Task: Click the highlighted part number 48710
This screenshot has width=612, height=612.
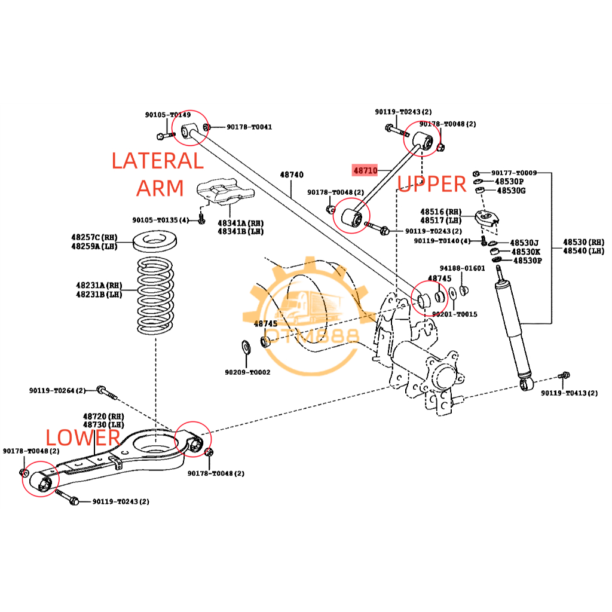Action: pyautogui.click(x=365, y=170)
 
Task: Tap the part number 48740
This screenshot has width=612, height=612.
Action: pyautogui.click(x=292, y=175)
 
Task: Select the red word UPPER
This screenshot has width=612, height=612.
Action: pyautogui.click(x=432, y=184)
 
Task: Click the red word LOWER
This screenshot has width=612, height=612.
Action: pyautogui.click(x=84, y=437)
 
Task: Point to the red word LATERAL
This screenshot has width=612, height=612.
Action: pyautogui.click(x=158, y=161)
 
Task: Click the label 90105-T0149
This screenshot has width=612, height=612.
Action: pyautogui.click(x=167, y=115)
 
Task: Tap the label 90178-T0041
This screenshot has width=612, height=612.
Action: pyautogui.click(x=249, y=127)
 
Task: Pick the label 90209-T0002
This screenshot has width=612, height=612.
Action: pyautogui.click(x=247, y=372)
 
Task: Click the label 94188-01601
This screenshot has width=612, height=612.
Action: pyautogui.click(x=463, y=268)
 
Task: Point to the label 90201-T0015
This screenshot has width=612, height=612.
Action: pyautogui.click(x=454, y=314)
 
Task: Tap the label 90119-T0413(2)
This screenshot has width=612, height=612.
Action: pyautogui.click(x=569, y=393)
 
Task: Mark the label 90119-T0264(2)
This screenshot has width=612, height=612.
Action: pyautogui.click(x=57, y=390)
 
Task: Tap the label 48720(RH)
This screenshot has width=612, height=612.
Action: pyautogui.click(x=103, y=416)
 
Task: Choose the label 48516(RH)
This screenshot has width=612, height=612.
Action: pyautogui.click(x=441, y=212)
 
